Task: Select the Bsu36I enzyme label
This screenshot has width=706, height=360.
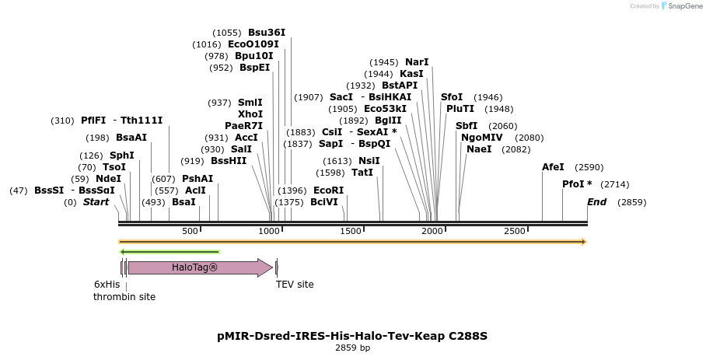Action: coord(267,33)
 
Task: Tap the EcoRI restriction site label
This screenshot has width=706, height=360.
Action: coord(328,190)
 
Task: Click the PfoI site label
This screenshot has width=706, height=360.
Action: coord(577,184)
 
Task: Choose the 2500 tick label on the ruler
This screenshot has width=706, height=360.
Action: coord(515,231)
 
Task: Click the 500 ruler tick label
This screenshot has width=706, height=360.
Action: coord(190,231)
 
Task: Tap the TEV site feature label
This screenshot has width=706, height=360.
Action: coord(295,285)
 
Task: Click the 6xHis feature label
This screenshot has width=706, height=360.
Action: coord(107,285)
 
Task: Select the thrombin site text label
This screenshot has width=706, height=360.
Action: coord(124,297)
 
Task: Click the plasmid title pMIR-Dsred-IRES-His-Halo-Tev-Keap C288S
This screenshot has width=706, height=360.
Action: coord(352,336)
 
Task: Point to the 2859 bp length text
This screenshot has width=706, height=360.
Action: coord(352,348)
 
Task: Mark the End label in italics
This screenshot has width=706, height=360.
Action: coord(596,202)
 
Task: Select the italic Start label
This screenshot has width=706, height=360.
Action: coord(96,202)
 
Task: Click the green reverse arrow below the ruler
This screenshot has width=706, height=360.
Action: coord(170,252)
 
